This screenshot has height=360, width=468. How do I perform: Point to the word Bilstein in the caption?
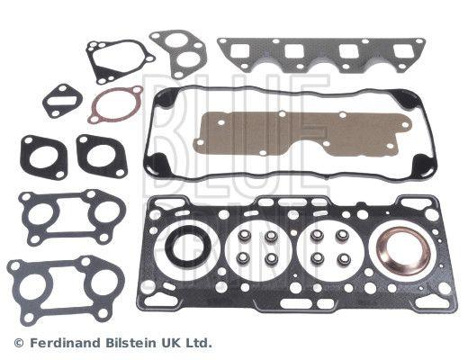click(130, 343)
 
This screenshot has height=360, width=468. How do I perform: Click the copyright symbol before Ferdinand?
click(19, 343)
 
